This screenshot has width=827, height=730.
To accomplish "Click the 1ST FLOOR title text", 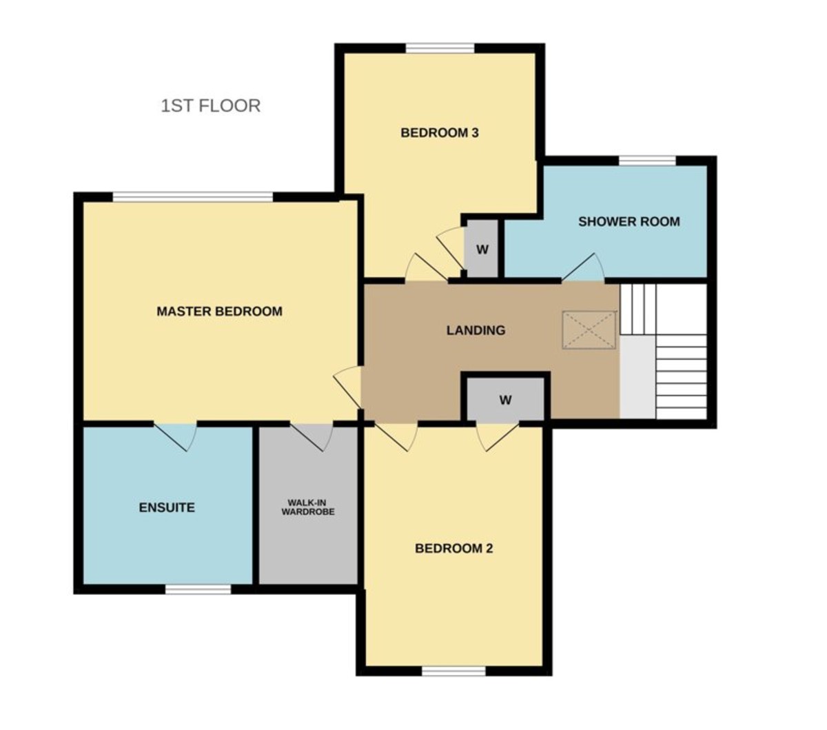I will coord(211,106).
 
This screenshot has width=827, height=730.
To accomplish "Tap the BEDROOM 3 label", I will coord(440,132).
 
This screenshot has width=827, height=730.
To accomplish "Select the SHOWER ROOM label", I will coord(629,222).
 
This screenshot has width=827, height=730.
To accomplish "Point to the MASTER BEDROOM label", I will coord(219,311).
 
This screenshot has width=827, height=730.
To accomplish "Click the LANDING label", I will coord(476,330).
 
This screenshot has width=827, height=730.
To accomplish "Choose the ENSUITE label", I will coord(167,507).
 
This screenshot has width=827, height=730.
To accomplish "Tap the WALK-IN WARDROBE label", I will coord(307,507).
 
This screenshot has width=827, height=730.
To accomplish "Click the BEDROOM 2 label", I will coord(453,549).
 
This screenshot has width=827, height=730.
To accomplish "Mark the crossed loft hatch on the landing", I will coord(589,330).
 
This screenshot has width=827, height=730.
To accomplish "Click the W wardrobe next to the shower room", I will coord(482,250).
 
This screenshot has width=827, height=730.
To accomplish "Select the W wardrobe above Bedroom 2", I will coord(505,400).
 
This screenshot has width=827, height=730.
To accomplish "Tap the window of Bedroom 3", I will coord(440,48).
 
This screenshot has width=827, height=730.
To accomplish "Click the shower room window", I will coord(646,161).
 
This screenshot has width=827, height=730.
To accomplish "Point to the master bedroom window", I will coord(193,198).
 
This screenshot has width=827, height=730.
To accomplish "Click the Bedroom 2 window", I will coord(453,670).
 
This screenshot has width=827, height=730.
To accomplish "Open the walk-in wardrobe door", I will coord(312,434).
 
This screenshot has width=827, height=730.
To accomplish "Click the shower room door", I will coord(584,271).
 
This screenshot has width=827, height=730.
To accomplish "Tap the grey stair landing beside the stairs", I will coord(637,376).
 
